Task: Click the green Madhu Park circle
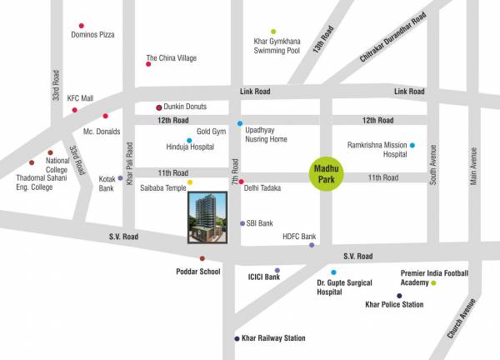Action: [x=322, y=177]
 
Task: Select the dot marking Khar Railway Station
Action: [x=237, y=338]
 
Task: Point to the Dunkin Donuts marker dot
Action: [x=159, y=107]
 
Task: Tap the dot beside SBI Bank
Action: [x=242, y=223]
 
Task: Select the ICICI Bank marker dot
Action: [x=277, y=270]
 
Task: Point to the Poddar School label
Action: [x=197, y=272]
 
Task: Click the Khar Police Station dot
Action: [x=399, y=296]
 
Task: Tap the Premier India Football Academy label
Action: [x=434, y=277]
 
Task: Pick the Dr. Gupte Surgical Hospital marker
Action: [x=333, y=272]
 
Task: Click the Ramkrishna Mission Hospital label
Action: [x=377, y=149]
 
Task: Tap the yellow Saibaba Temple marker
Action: [x=190, y=182]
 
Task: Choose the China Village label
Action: [x=172, y=58]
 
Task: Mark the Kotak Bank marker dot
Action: [x=120, y=177]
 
